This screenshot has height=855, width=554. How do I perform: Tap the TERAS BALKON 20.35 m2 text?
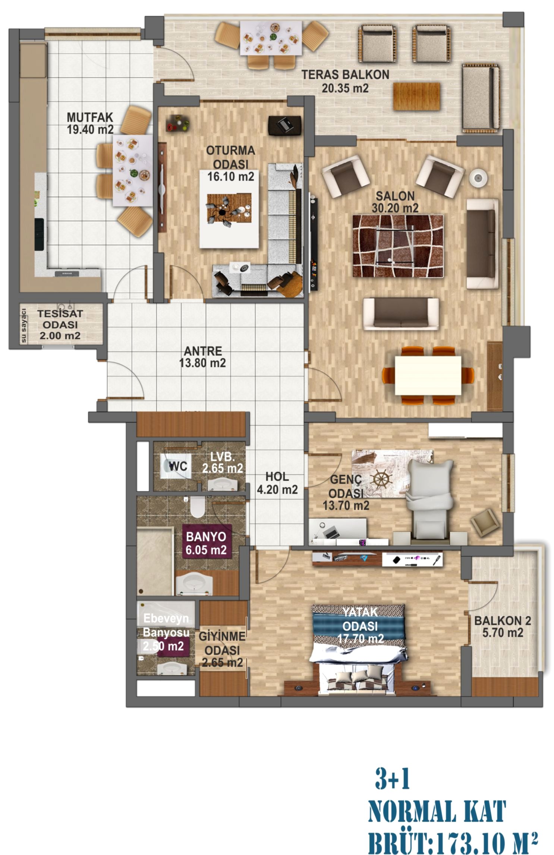click(345, 81)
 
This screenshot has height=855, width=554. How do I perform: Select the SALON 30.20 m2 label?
click(395, 202)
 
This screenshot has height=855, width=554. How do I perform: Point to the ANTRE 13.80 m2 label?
click(202, 357)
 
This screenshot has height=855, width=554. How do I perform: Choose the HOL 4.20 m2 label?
click(277, 483)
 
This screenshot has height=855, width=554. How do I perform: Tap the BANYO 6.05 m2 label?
click(206, 543)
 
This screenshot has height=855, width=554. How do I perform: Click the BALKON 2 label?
click(503, 627)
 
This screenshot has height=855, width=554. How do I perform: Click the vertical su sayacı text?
click(24, 325)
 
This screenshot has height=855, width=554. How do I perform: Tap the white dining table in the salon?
click(428, 375)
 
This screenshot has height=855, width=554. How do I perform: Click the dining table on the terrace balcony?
click(271, 38)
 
